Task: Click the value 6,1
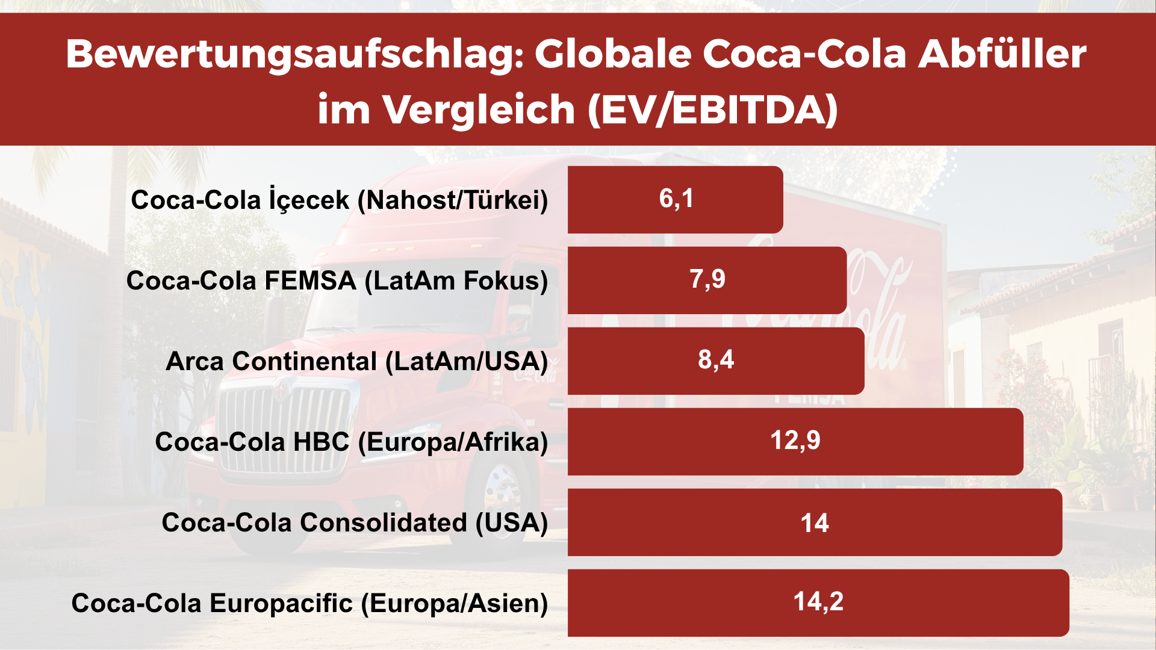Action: click(x=676, y=199)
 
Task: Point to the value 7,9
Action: click(x=707, y=279)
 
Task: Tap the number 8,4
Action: click(x=716, y=360)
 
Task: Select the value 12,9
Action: click(x=795, y=441)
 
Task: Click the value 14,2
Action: click(x=818, y=602)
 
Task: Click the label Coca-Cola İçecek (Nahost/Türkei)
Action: click(x=340, y=200)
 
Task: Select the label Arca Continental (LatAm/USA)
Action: click(x=356, y=362)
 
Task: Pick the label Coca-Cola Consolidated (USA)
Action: click(x=355, y=522)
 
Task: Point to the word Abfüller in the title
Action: click(x=1002, y=54)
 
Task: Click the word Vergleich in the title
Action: click(x=480, y=110)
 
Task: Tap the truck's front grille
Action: click(x=283, y=427)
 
